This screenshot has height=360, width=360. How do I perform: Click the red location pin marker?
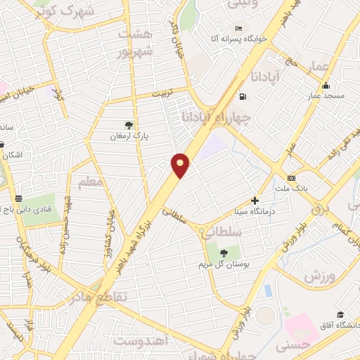tap(181, 165)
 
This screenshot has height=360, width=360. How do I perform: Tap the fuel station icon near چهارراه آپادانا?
tap(243, 97)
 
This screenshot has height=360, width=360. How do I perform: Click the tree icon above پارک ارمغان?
tap(128, 125)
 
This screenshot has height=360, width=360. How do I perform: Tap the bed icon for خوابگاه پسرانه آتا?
tap(239, 29)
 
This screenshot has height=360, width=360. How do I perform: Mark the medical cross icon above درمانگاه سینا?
tap(255, 200)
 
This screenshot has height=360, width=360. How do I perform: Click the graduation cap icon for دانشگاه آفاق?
tap(341, 314)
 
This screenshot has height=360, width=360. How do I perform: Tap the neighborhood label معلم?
tap(91, 184)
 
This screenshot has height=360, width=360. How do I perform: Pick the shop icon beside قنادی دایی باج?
tap(19, 199)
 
